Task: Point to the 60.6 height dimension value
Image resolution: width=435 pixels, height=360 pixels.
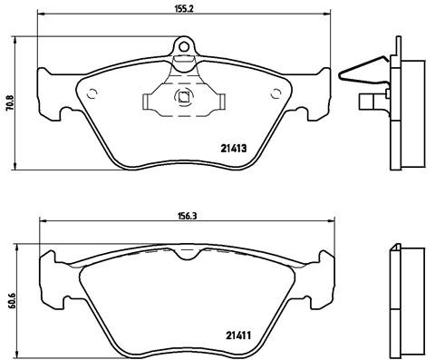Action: [x=9, y=297]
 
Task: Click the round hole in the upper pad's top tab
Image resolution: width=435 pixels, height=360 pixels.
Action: [x=183, y=46]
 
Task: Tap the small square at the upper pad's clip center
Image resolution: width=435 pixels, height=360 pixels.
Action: [x=184, y=99]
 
